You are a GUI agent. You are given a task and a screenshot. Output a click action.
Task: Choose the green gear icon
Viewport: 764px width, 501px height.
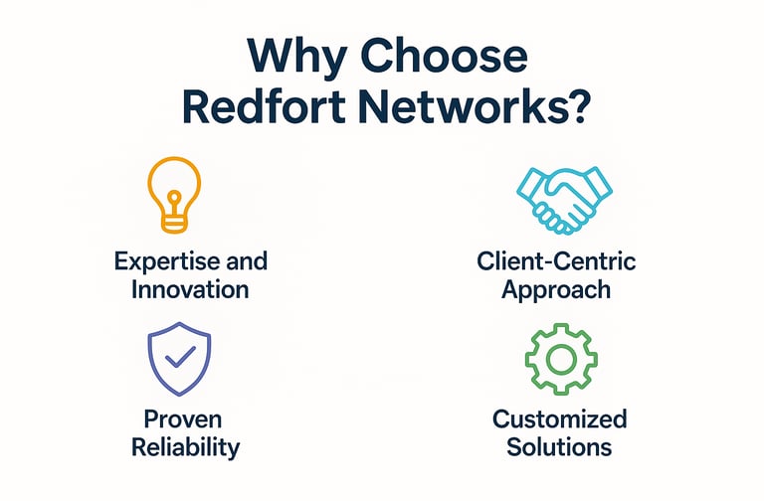[558, 354]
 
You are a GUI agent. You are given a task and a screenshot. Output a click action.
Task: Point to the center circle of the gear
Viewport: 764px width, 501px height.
[558, 355]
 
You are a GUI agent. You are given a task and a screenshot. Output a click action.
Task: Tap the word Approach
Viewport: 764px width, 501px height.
[557, 289]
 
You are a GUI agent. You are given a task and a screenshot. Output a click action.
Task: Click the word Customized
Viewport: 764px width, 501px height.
[559, 417]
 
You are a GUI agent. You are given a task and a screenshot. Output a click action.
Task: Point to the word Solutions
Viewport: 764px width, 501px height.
[558, 446]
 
